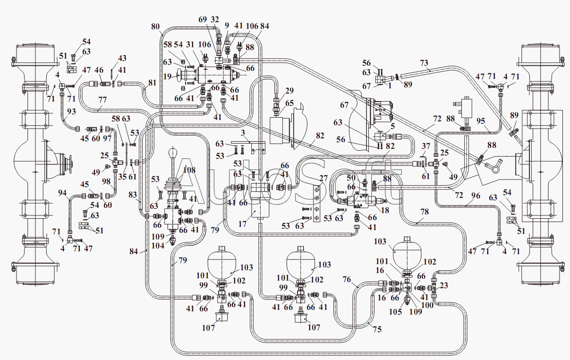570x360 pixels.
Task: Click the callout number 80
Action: (x=155, y=26)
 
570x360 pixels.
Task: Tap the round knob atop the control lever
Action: (x=173, y=153)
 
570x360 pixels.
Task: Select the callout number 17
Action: (x=242, y=224)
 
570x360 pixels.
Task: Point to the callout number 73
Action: (x=424, y=63)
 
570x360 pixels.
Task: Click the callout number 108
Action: (x=189, y=170)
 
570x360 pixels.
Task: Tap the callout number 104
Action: (x=158, y=246)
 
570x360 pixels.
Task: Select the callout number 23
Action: (x=443, y=285)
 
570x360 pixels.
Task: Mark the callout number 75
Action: (x=377, y=329)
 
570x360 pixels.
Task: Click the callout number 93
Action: (x=71, y=111)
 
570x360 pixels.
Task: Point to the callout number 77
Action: (x=102, y=100)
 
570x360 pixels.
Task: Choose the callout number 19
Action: (x=167, y=76)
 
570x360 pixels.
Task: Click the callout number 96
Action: (x=476, y=196)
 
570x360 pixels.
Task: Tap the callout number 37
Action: (x=425, y=146)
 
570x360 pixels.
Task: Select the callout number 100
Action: (x=427, y=305)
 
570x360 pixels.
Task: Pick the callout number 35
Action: (x=122, y=177)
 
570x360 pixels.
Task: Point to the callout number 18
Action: (x=385, y=210)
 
